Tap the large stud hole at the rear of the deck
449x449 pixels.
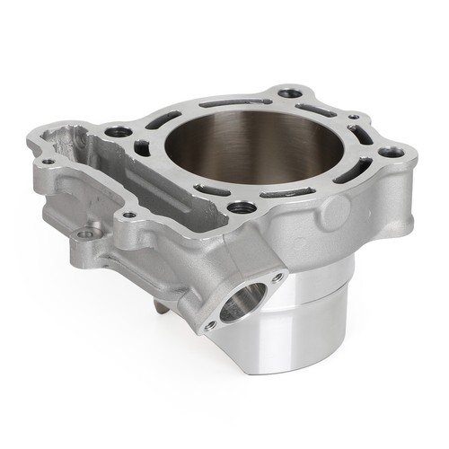pyautogui.click(x=289, y=92)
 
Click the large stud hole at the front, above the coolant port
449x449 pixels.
pyautogui.click(x=242, y=207)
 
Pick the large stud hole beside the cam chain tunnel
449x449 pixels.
pyautogui.click(x=118, y=132)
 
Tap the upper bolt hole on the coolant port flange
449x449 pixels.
pyautogui.click(x=276, y=277)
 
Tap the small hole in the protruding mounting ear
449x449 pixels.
pyautogui.click(x=86, y=234)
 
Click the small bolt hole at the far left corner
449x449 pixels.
pyautogui.click(x=46, y=163)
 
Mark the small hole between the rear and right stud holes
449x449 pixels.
pyautogui.click(x=354, y=116)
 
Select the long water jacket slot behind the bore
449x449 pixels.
pyautogui.click(x=236, y=103)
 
